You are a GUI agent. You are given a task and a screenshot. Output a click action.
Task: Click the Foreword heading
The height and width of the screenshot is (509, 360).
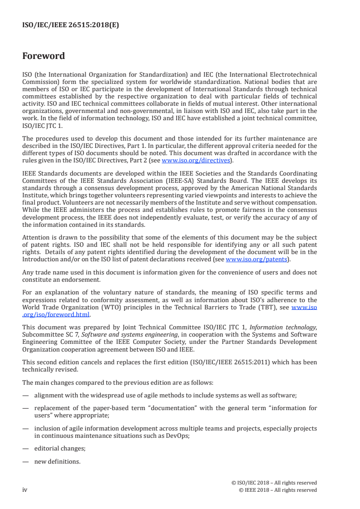pyautogui.click(x=44, y=56)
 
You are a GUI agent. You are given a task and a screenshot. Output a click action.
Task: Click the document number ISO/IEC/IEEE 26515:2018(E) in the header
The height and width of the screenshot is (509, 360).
pyautogui.click(x=70, y=25)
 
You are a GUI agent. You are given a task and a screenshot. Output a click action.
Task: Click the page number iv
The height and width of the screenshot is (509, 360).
pyautogui.click(x=25, y=490)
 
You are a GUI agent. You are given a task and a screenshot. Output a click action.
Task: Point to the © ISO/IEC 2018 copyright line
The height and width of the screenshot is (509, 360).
pyautogui.click(x=274, y=483)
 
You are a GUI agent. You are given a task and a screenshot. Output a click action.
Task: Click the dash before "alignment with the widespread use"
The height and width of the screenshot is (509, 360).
pyautogui.click(x=25, y=396)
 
